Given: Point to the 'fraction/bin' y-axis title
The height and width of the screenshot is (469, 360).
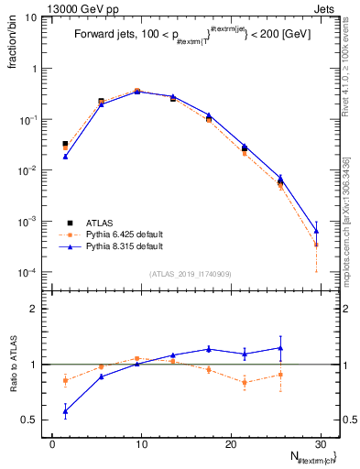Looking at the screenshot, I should click(14, 47).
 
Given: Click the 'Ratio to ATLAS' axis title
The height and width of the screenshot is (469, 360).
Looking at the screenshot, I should click(14, 390).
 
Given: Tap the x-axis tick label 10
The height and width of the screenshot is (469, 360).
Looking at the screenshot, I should click(140, 443).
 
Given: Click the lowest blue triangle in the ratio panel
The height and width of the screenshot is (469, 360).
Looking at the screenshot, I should click(65, 411).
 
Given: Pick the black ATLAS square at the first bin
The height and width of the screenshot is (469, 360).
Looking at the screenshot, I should click(65, 144).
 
